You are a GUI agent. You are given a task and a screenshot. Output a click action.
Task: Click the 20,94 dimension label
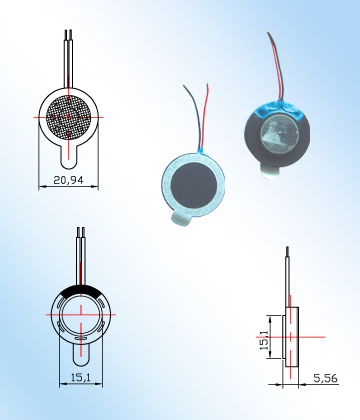click(x=68, y=180)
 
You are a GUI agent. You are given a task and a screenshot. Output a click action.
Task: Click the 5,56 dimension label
click(x=325, y=378)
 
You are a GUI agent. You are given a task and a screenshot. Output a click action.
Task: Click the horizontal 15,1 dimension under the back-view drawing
click(x=81, y=378)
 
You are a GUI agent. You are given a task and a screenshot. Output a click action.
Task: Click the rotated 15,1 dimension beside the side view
click(x=264, y=340)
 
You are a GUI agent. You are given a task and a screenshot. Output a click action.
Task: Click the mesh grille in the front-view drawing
click(x=68, y=117)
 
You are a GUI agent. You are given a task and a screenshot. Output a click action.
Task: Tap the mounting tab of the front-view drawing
click(x=69, y=156)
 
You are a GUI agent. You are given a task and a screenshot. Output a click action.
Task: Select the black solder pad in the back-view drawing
click(x=81, y=291)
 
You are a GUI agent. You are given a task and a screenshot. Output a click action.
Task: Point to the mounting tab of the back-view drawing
click(x=81, y=353)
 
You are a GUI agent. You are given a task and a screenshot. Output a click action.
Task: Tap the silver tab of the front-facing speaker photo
click(x=180, y=218)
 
